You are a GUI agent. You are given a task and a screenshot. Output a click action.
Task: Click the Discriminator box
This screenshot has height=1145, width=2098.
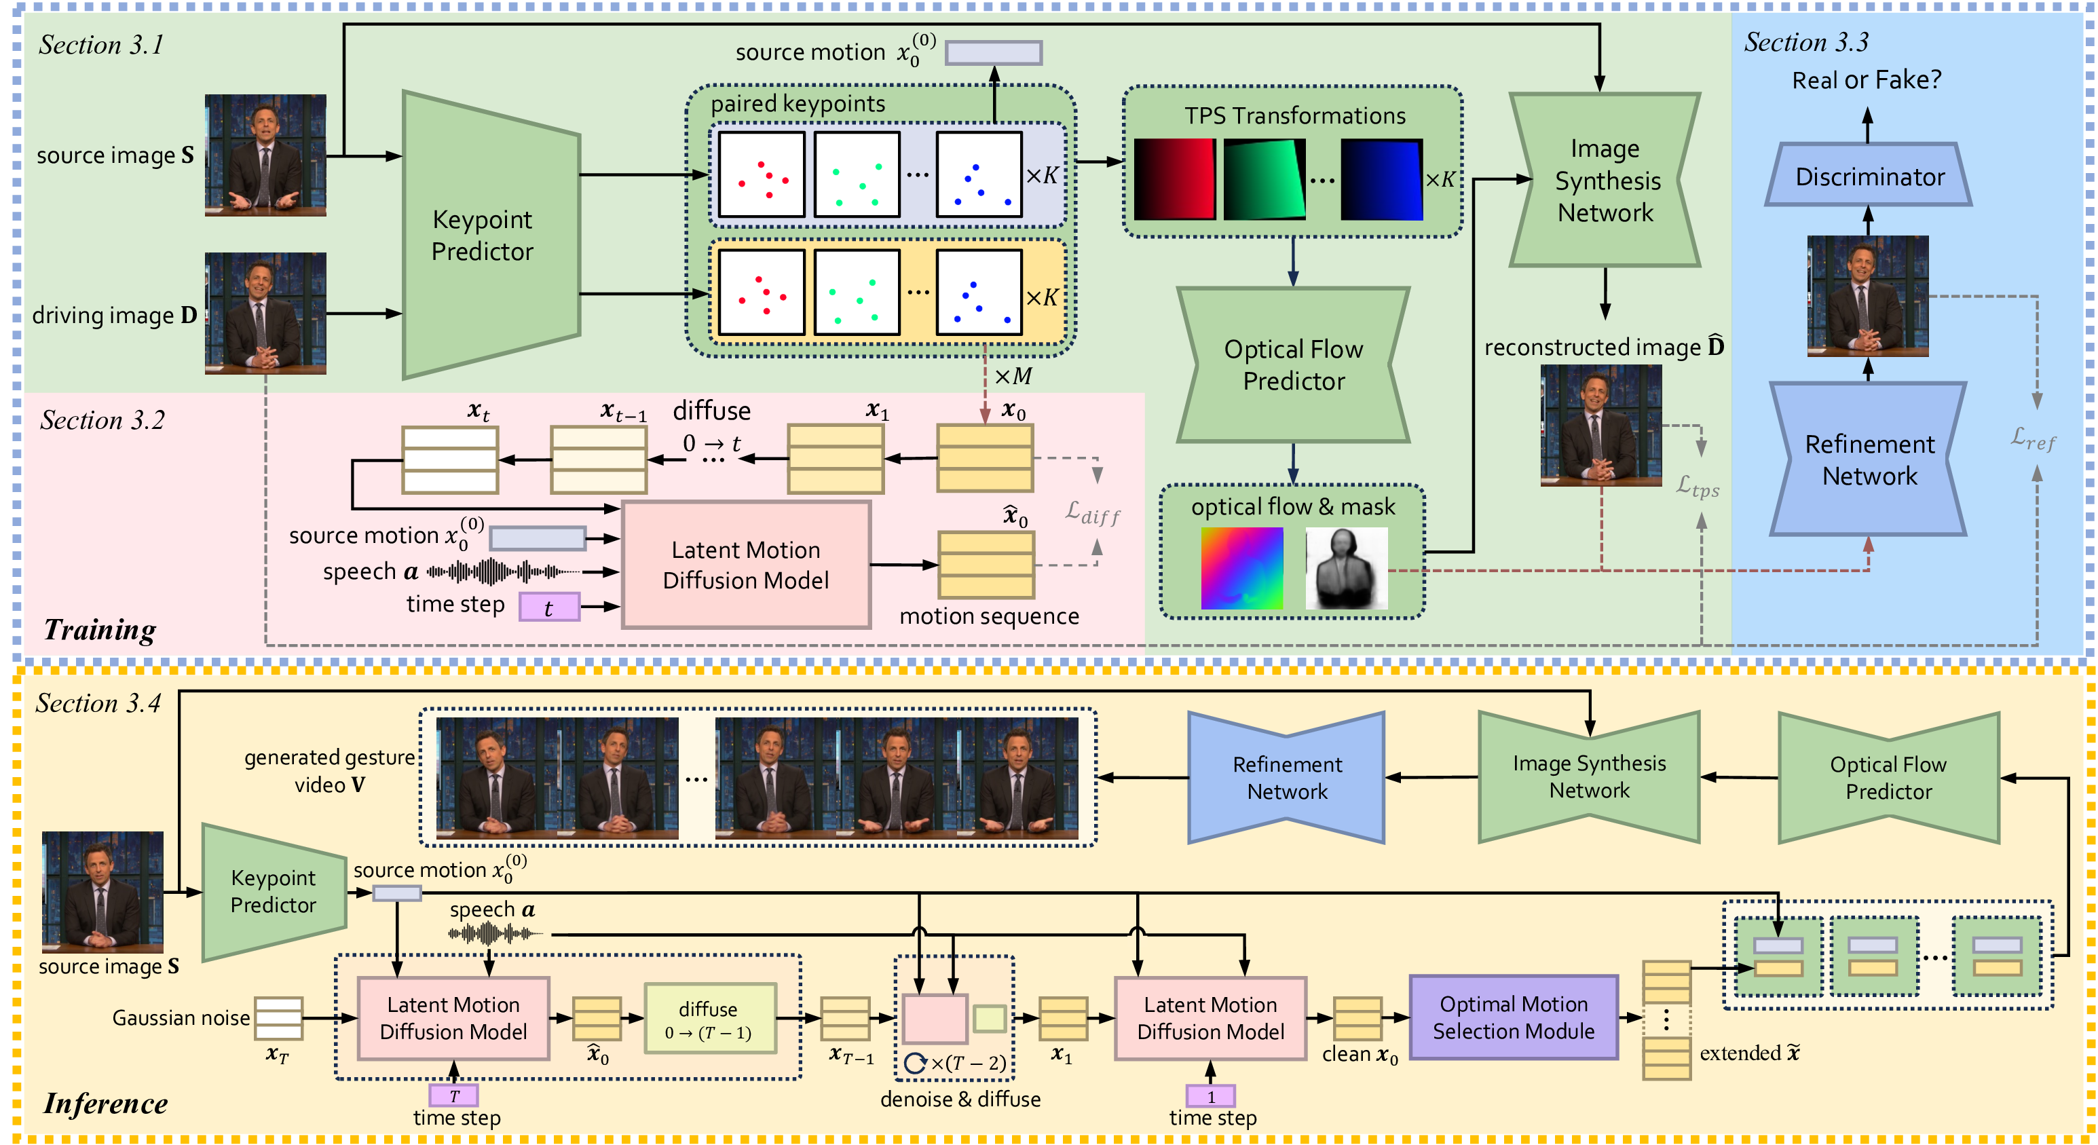(x=1869, y=175)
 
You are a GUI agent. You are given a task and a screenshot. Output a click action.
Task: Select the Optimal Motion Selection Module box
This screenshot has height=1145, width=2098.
(x=1513, y=1017)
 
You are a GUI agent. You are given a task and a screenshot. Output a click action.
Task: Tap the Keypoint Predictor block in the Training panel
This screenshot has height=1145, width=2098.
(x=491, y=235)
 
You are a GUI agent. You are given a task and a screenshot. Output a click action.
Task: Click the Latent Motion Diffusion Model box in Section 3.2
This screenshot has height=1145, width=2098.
(x=746, y=565)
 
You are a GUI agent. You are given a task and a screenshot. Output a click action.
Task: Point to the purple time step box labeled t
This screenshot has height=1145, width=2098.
(x=550, y=607)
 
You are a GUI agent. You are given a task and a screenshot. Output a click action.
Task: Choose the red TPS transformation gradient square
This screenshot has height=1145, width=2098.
(x=1174, y=179)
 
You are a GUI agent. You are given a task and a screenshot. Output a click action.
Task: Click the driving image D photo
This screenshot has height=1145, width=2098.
(x=265, y=314)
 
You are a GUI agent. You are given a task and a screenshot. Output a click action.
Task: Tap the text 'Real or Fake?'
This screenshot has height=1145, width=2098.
(x=1867, y=80)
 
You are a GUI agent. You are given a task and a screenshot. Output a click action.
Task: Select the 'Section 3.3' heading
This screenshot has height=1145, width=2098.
(x=1806, y=42)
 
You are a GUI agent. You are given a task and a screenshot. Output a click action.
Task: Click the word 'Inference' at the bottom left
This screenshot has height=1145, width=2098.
(x=106, y=1104)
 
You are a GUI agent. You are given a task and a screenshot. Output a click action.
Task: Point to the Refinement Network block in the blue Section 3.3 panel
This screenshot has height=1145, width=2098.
(x=1869, y=459)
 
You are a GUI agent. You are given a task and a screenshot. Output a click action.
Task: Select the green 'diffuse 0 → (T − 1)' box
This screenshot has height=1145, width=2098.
(x=710, y=1019)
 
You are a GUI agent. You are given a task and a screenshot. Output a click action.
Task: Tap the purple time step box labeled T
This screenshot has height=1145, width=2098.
(x=453, y=1095)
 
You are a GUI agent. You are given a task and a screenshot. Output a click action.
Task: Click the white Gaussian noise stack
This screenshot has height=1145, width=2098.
(x=278, y=1018)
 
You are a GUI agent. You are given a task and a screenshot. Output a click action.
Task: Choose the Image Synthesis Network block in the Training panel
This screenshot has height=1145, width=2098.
(x=1605, y=180)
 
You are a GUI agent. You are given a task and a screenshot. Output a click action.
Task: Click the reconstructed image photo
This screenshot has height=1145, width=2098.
(x=1601, y=425)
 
